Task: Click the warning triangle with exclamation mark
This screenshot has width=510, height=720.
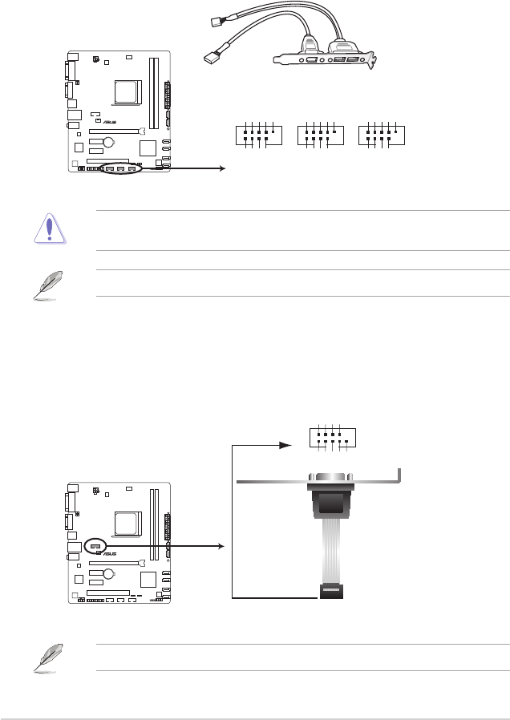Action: coord(50,229)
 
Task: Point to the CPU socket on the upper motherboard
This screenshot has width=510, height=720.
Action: coord(127,92)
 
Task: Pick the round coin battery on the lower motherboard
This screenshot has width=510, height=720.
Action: coord(109,573)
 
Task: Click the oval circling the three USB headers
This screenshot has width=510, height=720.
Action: coord(121,169)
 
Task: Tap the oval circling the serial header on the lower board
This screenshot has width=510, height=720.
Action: coord(95,546)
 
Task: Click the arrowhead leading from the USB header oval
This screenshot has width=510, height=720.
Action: coord(223,168)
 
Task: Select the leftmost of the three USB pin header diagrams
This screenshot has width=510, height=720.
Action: coord(258,135)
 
